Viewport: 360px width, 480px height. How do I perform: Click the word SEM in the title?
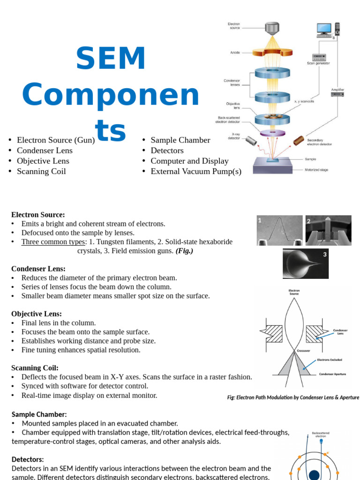(111, 59)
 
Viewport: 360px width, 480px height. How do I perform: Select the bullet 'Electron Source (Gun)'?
(56, 140)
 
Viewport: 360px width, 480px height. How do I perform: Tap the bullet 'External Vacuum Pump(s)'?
(196, 172)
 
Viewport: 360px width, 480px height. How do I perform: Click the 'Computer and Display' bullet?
(189, 161)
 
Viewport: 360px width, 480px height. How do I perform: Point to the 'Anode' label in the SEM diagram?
(235, 52)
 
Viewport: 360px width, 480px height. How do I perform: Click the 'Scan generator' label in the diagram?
(318, 63)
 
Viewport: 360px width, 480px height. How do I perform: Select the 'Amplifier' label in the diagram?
(338, 89)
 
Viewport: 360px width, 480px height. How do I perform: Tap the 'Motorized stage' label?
(316, 170)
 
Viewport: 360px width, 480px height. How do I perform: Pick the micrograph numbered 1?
(279, 230)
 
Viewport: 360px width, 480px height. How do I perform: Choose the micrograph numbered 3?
(305, 263)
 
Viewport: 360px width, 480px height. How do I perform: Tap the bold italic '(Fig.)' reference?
(184, 251)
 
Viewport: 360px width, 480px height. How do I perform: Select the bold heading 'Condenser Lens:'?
(38, 269)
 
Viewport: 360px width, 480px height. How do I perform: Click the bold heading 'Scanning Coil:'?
(35, 368)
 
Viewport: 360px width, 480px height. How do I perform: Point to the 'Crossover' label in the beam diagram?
(303, 350)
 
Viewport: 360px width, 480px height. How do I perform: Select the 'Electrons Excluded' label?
(330, 360)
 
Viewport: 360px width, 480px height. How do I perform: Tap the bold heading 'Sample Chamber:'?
(39, 414)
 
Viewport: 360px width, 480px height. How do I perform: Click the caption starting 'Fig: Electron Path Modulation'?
(293, 397)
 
